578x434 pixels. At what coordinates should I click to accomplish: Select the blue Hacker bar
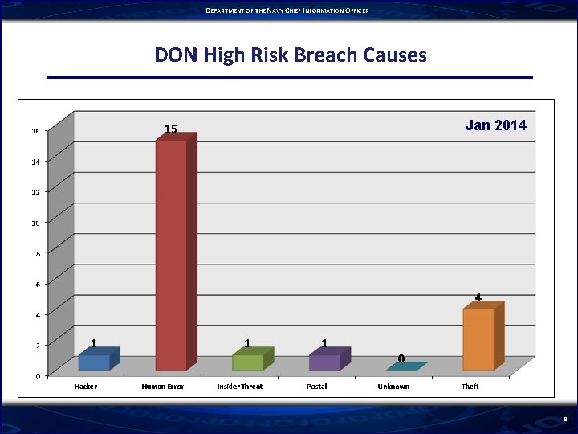tap(94, 362)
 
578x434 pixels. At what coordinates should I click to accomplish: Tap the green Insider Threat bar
tap(248, 362)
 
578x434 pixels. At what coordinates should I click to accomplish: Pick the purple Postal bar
tap(324, 362)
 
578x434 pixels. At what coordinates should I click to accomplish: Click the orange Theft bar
tap(478, 339)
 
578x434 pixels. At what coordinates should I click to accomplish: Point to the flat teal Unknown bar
tap(405, 366)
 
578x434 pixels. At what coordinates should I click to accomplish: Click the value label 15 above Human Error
tap(171, 129)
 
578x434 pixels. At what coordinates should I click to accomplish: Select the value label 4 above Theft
tap(478, 297)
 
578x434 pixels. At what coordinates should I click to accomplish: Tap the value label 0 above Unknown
tap(401, 358)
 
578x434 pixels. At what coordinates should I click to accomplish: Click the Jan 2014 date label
tap(496, 125)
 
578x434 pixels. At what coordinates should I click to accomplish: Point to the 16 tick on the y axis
tap(35, 131)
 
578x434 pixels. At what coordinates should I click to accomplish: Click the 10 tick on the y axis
tap(35, 223)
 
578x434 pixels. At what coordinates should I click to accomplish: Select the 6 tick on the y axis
tap(37, 284)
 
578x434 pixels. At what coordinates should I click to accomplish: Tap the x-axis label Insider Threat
tap(239, 387)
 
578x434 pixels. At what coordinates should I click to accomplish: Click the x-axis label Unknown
tap(393, 387)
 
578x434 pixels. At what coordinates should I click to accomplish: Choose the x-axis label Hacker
tap(86, 387)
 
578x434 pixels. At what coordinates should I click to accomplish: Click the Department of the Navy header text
tap(287, 10)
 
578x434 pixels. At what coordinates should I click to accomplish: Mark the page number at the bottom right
tap(565, 419)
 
